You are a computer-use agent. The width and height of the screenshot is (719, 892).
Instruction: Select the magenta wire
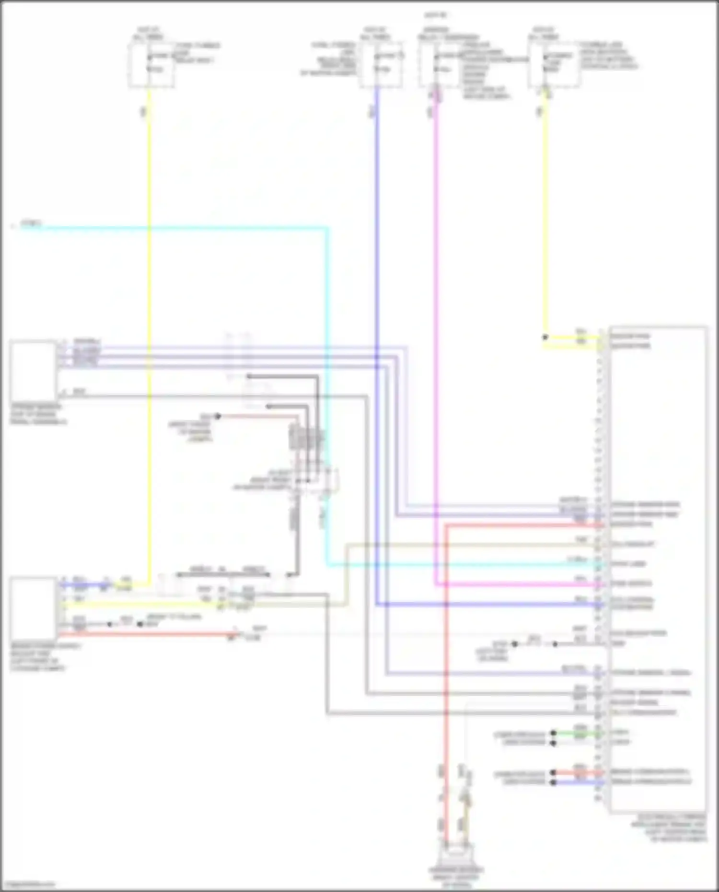(x=436, y=336)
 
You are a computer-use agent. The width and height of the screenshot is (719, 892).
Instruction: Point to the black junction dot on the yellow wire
(x=545, y=337)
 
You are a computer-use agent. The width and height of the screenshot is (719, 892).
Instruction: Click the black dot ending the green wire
(x=554, y=733)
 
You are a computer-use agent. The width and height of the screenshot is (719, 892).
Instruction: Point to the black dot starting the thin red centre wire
(x=218, y=416)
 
